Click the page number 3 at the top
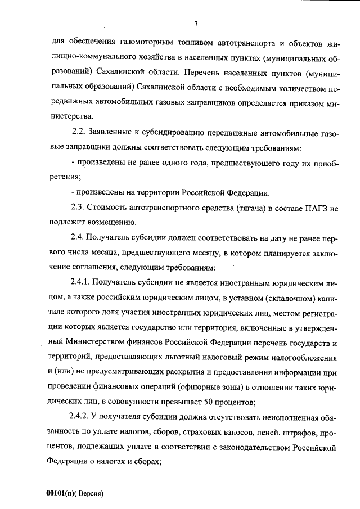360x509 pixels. click(x=195, y=24)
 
